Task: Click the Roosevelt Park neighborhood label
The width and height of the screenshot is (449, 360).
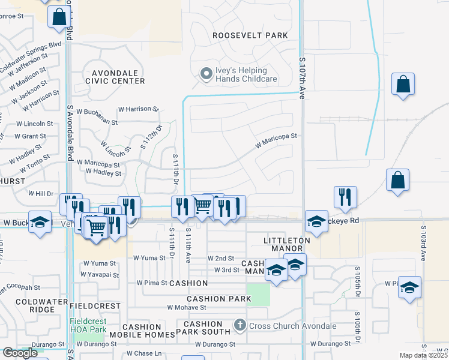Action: (250, 35)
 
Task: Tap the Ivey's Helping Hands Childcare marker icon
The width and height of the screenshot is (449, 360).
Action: (206, 74)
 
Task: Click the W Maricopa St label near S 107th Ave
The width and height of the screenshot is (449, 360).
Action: (276, 141)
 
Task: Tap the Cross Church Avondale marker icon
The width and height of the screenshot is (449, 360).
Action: (240, 326)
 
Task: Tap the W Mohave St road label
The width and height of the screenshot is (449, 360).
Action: (186, 307)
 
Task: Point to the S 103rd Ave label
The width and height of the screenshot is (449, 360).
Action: (423, 242)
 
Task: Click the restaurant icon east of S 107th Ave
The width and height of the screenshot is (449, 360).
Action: (345, 196)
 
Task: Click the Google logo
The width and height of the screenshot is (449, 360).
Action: (20, 353)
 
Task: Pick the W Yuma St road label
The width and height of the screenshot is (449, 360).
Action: (99, 263)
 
